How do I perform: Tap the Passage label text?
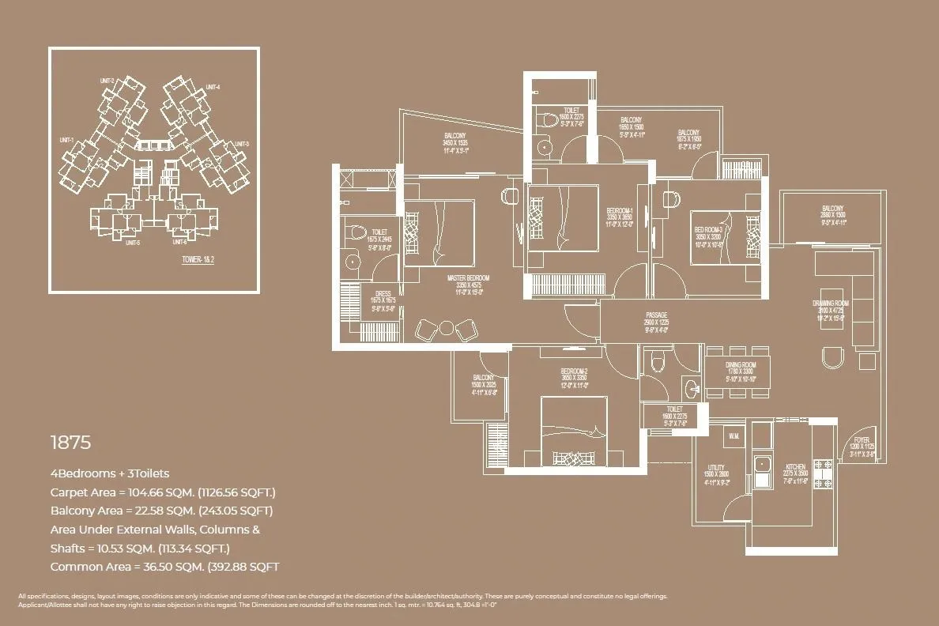pos(656,315)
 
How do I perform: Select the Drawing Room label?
pos(830,304)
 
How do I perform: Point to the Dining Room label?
pos(741,364)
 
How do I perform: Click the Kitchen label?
pos(795,467)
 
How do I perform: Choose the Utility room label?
pos(716,467)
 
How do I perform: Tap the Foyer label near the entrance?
pos(862,441)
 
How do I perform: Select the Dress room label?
pos(383,294)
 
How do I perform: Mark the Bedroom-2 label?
pos(574,371)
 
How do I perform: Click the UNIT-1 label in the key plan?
pos(66,140)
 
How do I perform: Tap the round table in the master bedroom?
pos(447,327)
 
